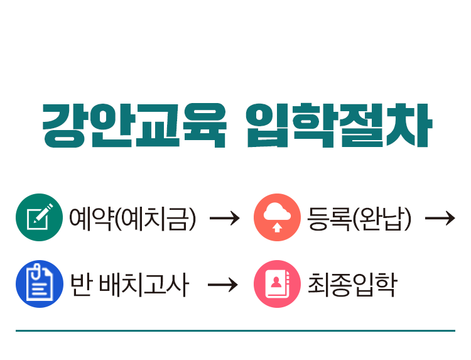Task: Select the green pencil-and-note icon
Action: [x=39, y=217]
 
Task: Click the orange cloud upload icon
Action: [x=277, y=217]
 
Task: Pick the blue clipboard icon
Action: [x=39, y=284]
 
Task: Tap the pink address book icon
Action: [x=277, y=284]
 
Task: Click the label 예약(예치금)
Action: [x=133, y=218]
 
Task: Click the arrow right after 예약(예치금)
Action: [x=224, y=218]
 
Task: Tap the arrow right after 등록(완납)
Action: [x=440, y=218]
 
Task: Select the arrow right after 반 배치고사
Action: [x=223, y=285]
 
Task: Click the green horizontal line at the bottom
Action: [x=235, y=330]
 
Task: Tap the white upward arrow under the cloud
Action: [x=277, y=226]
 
